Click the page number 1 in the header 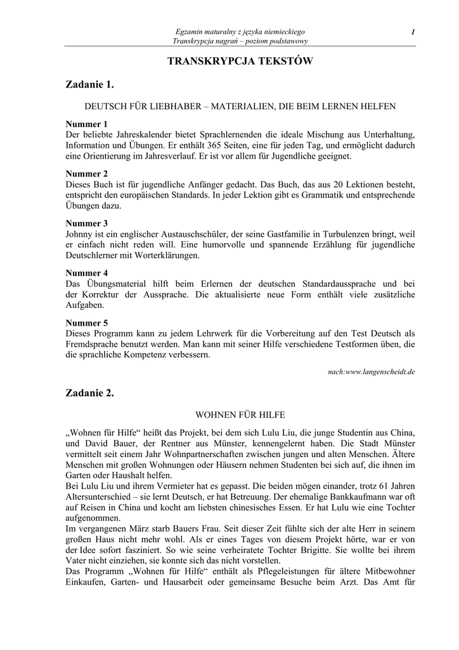pos(413,32)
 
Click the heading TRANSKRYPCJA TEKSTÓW pos(240,61)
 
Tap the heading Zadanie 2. pos(90,393)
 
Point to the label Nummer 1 pos(87,124)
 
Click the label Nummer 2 pos(87,173)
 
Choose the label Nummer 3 pos(87,223)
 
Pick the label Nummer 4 pos(87,273)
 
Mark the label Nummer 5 pos(87,323)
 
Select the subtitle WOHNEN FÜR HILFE pos(240,415)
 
